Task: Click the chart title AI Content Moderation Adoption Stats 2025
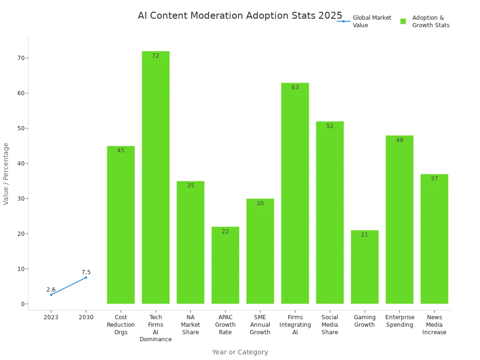[240, 15]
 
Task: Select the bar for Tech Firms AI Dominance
[156, 178]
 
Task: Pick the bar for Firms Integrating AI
[295, 193]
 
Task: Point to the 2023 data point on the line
[51, 294]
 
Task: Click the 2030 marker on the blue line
[86, 277]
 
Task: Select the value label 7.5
[86, 272]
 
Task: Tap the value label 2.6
[51, 290]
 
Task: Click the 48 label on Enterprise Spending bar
[399, 140]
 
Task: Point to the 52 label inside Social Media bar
[330, 126]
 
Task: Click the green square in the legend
[403, 22]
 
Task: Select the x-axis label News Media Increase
[434, 325]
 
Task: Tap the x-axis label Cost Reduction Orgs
[120, 325]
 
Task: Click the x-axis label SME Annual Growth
[260, 325]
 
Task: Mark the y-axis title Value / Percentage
[6, 174]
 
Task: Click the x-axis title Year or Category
[240, 352]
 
